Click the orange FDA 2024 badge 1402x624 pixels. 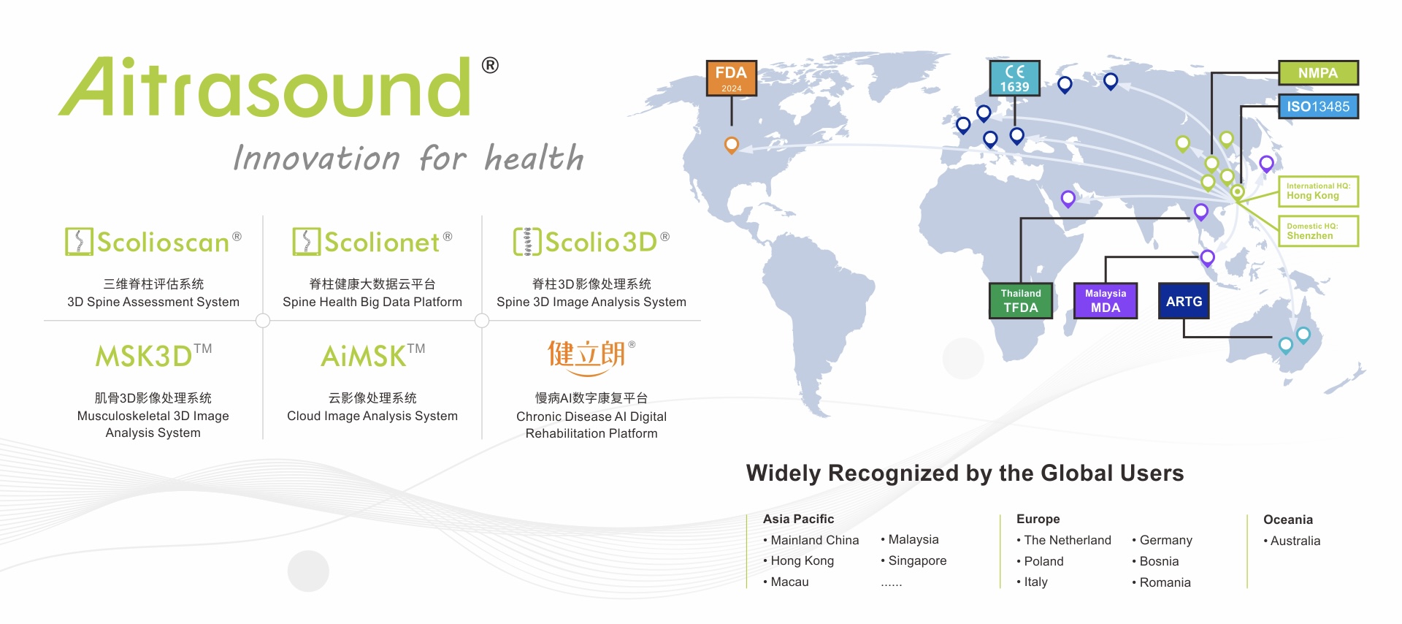tap(731, 78)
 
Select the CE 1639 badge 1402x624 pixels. tap(1014, 78)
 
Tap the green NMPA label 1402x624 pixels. tap(1318, 73)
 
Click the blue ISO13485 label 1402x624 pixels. tap(1318, 107)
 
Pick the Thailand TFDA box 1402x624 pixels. tap(1021, 301)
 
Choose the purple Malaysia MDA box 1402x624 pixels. tap(1106, 301)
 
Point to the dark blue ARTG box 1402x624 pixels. tap(1184, 301)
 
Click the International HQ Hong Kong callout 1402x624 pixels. tap(1318, 191)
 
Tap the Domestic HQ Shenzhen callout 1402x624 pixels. tap(1318, 231)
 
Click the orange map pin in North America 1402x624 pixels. tap(731, 144)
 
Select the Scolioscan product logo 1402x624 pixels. tap(153, 242)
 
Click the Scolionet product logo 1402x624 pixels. tap(372, 242)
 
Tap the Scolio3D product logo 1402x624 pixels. tap(591, 242)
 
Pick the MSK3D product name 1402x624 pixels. tap(153, 356)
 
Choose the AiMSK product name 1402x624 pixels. tap(372, 356)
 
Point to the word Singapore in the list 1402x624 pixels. tap(917, 561)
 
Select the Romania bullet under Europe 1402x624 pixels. tap(1162, 582)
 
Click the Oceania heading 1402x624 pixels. tap(1288, 520)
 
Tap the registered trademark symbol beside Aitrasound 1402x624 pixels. tap(490, 65)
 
